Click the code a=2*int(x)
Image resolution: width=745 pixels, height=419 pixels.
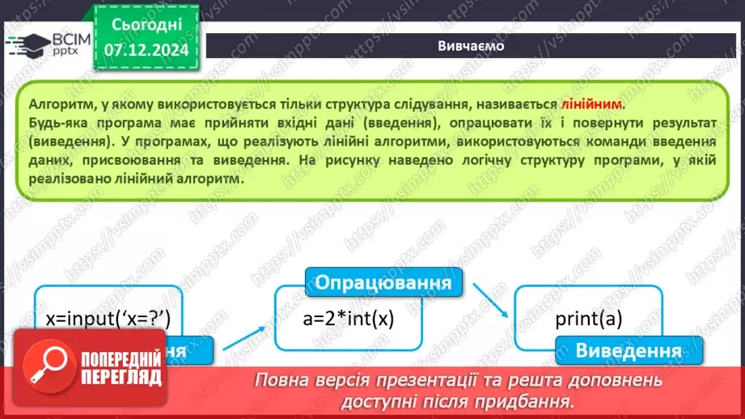[348, 318]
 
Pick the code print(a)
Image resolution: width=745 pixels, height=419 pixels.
[588, 318]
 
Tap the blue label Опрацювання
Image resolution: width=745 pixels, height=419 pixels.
[382, 283]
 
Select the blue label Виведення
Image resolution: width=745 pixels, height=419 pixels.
[628, 351]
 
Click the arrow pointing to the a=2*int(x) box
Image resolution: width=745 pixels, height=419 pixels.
[247, 336]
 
